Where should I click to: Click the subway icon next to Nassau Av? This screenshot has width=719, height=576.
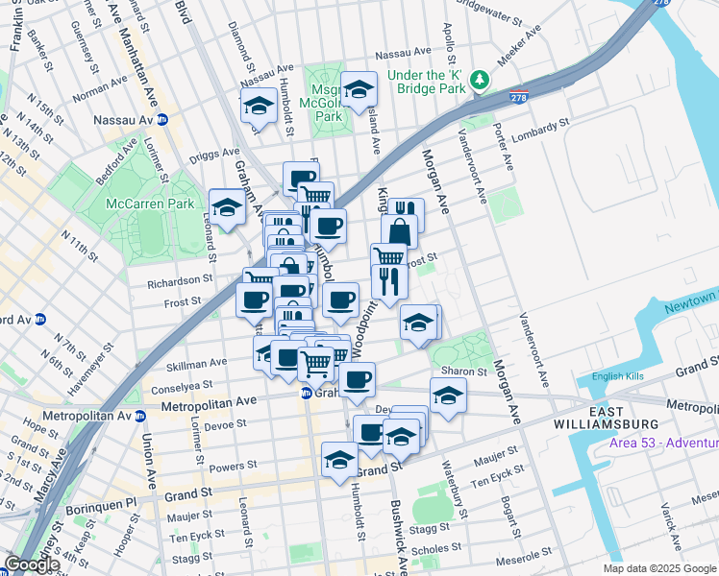[163, 120]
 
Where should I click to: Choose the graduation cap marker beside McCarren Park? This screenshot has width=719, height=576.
[228, 207]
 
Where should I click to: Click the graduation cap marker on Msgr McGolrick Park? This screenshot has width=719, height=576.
[359, 91]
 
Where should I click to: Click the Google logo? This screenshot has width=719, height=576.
[32, 564]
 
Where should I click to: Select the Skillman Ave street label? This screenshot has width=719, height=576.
[196, 363]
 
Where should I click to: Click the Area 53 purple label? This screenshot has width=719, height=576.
[663, 442]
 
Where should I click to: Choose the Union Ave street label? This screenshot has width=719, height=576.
[150, 450]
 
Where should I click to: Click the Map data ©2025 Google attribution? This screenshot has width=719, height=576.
[658, 568]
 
